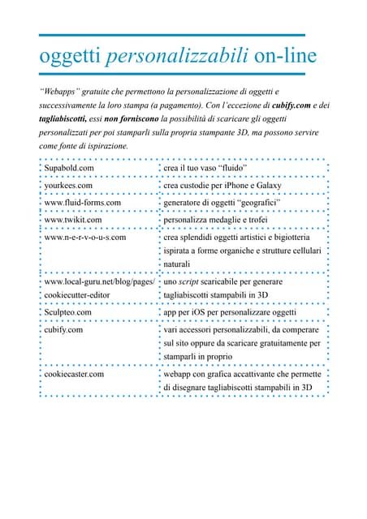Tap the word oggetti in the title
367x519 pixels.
[x=70, y=57]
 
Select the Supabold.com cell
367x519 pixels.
[x=69, y=168]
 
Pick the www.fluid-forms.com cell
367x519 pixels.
[x=82, y=202]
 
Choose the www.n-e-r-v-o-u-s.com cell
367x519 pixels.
[x=85, y=237]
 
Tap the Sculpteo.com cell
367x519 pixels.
[x=67, y=311]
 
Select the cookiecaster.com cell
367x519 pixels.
[x=74, y=374]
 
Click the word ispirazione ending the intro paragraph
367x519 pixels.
[x=102, y=145]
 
